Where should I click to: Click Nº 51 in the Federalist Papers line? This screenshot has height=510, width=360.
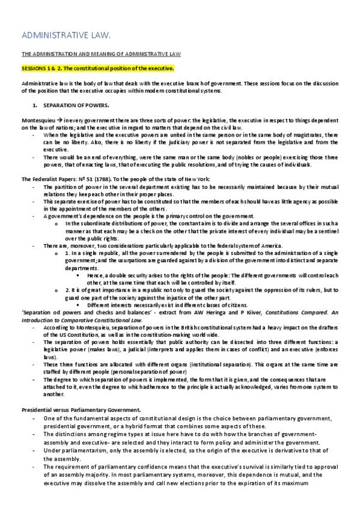pos(78,179)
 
